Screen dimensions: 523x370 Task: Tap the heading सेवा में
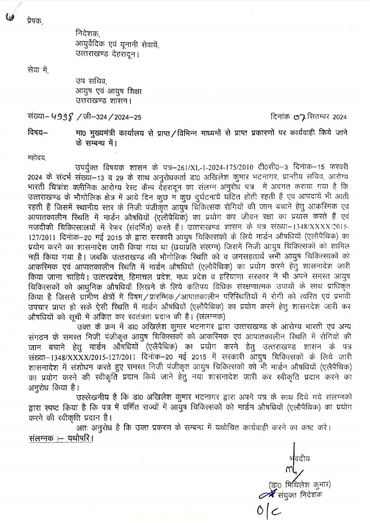pos(38,70)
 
